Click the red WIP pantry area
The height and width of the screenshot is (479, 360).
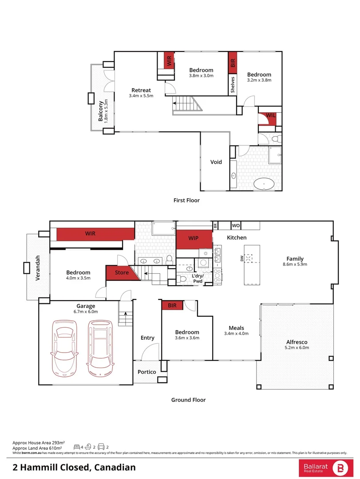click(x=194, y=239)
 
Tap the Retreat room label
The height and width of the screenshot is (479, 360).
click(x=140, y=90)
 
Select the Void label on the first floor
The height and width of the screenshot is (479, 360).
click(x=216, y=162)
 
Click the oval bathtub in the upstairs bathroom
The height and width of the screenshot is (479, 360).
click(x=265, y=183)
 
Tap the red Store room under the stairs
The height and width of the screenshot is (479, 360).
click(x=122, y=273)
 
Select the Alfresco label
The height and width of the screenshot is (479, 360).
click(x=297, y=342)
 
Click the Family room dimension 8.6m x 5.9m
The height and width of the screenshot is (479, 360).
click(x=295, y=264)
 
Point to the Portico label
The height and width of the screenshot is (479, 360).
click(x=146, y=372)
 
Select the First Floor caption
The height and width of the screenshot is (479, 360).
click(x=186, y=200)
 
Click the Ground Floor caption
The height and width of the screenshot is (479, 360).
click(x=188, y=400)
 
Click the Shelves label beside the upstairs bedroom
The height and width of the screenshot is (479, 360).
click(x=232, y=84)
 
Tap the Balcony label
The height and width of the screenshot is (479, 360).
click(x=101, y=111)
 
